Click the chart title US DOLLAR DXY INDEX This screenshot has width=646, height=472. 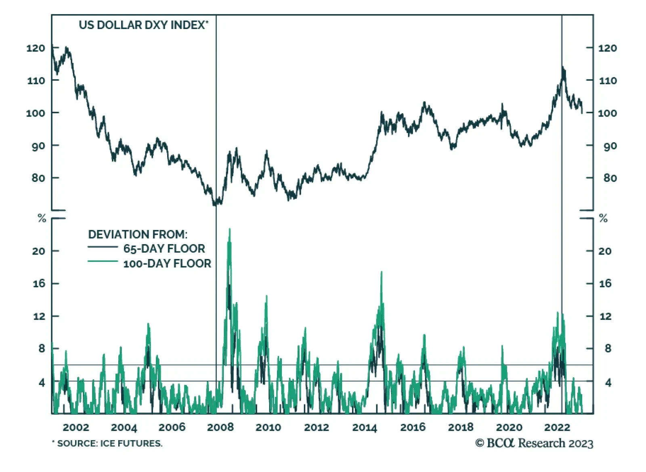point(143,25)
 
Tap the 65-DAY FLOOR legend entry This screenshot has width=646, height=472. point(164,249)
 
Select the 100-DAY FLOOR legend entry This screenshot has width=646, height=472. point(167,263)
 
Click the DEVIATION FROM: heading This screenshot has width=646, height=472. point(138,234)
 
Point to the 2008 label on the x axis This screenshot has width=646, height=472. point(220,427)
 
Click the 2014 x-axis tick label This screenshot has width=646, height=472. point(364,427)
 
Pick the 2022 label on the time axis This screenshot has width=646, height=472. point(557,427)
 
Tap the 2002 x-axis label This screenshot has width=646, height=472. point(76,427)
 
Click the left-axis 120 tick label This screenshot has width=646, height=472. point(36,48)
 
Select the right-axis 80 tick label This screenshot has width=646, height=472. point(610,178)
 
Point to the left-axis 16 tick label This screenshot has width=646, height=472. point(39,284)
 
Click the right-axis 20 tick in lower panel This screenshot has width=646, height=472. point(605,251)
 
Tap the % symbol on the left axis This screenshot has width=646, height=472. point(42,219)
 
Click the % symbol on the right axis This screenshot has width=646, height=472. point(603,219)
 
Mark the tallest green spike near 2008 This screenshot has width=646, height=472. point(230,229)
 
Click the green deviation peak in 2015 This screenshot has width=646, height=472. point(382,272)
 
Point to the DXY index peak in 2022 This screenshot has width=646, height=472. point(563,67)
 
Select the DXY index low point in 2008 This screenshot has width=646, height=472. point(214,205)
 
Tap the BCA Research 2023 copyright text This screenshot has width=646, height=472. point(534,443)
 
